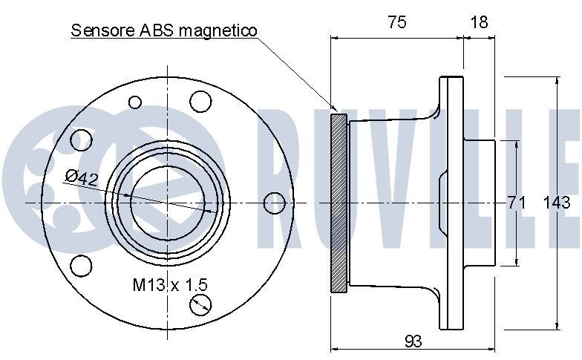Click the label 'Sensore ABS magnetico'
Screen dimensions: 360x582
[163, 30]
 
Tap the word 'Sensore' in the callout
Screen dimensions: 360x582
[97, 30]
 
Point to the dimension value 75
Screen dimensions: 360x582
[396, 22]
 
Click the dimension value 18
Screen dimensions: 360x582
[480, 22]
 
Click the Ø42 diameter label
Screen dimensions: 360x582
[82, 177]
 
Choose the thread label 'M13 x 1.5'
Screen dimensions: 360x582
[170, 284]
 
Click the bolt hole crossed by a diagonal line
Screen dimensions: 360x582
[200, 304]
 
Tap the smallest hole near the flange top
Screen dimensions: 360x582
[135, 102]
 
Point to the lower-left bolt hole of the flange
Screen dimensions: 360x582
[81, 264]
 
